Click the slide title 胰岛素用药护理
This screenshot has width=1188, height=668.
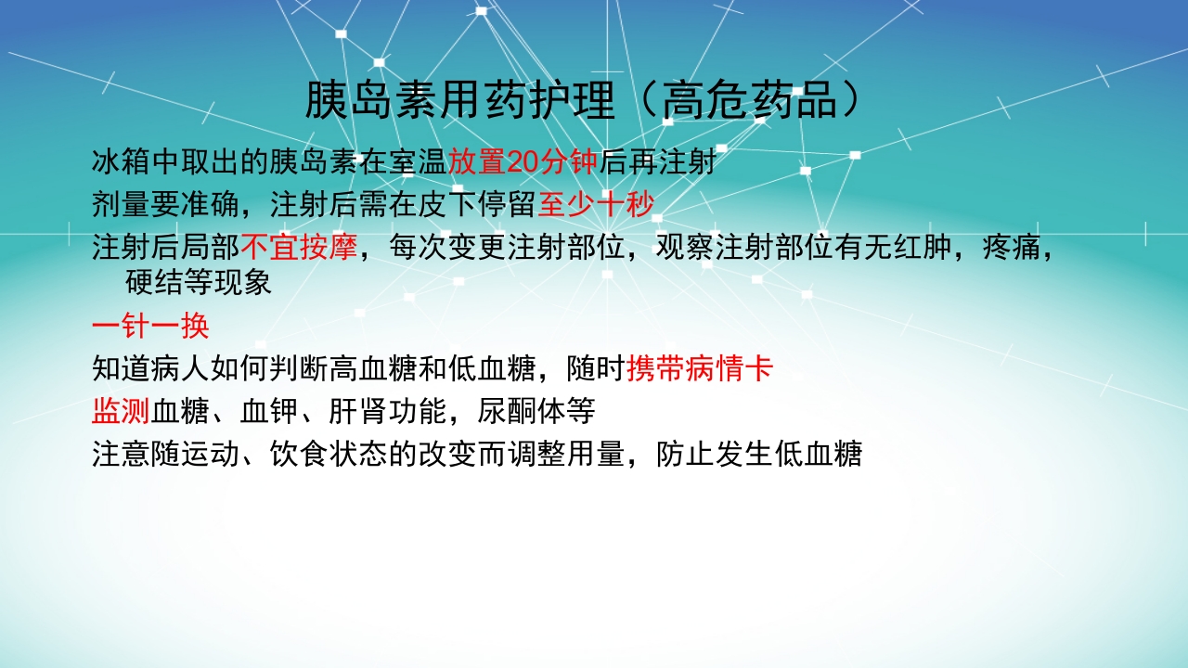[x=459, y=100]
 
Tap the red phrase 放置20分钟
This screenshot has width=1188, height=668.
[x=523, y=163]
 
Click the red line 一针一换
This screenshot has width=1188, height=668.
[x=150, y=327]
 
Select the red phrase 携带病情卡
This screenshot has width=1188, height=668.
[x=700, y=369]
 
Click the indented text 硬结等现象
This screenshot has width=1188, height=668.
[x=199, y=283]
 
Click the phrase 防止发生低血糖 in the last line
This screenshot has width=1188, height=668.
[x=759, y=454]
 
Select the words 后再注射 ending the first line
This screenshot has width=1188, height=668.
[x=657, y=163]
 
